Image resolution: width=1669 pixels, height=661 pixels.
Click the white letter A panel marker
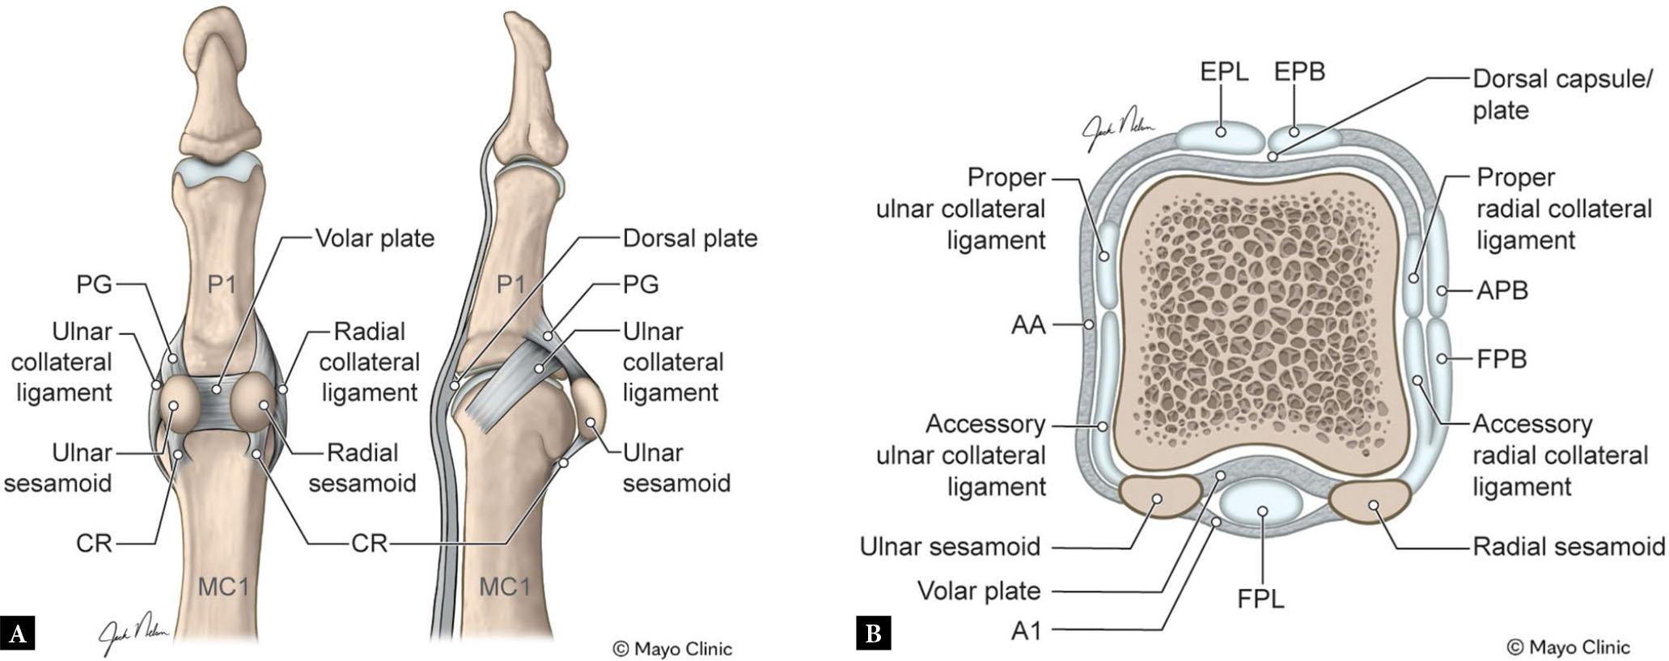(17, 633)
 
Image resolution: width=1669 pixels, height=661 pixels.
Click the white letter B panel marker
(874, 633)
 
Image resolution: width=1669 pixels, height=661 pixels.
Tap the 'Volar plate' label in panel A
(375, 239)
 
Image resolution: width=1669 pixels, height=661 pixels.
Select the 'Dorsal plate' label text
(689, 239)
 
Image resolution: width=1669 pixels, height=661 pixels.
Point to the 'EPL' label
(1224, 72)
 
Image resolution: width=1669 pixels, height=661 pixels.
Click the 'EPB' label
(1299, 72)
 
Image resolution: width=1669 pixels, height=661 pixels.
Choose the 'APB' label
(1502, 290)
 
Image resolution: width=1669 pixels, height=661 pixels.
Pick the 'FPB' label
(1502, 358)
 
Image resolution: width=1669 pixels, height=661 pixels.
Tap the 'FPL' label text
(1260, 599)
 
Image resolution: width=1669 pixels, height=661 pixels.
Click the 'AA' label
(1028, 325)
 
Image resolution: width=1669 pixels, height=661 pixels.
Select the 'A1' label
(1026, 630)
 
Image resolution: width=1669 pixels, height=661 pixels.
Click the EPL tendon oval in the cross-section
(1220, 135)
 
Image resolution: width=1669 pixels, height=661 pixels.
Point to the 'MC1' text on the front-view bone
(223, 587)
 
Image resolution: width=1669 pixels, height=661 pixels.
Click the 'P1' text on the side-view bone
(510, 285)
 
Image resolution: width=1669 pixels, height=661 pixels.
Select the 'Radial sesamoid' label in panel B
(1568, 547)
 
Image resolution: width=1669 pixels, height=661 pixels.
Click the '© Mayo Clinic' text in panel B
(1568, 647)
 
